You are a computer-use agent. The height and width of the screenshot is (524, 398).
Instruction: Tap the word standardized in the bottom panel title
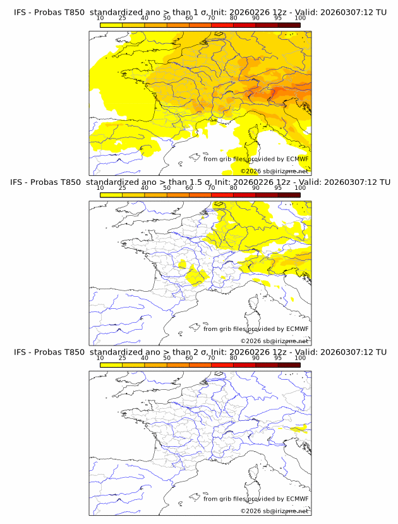click(x=116, y=352)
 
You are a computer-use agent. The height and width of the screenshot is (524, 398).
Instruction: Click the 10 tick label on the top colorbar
click(x=100, y=19)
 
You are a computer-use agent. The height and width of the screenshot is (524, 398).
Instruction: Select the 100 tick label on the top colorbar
click(x=300, y=19)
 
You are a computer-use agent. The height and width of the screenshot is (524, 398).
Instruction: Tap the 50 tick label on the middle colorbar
click(x=167, y=189)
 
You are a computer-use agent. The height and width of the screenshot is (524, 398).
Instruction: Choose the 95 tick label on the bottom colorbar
click(x=278, y=358)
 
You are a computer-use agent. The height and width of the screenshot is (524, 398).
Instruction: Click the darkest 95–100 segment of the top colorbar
click(x=289, y=25)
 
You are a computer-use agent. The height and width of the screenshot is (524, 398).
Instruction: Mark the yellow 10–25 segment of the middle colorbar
click(x=111, y=195)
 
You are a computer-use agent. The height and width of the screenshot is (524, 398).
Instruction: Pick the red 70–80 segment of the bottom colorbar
click(x=222, y=365)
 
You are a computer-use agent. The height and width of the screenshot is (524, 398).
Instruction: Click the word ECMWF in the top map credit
click(x=297, y=159)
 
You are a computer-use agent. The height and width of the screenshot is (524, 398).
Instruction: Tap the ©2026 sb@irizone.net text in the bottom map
click(x=274, y=511)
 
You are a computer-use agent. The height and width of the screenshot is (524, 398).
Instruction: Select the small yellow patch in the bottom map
click(x=301, y=427)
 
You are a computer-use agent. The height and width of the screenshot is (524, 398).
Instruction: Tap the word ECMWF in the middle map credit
click(x=297, y=329)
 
